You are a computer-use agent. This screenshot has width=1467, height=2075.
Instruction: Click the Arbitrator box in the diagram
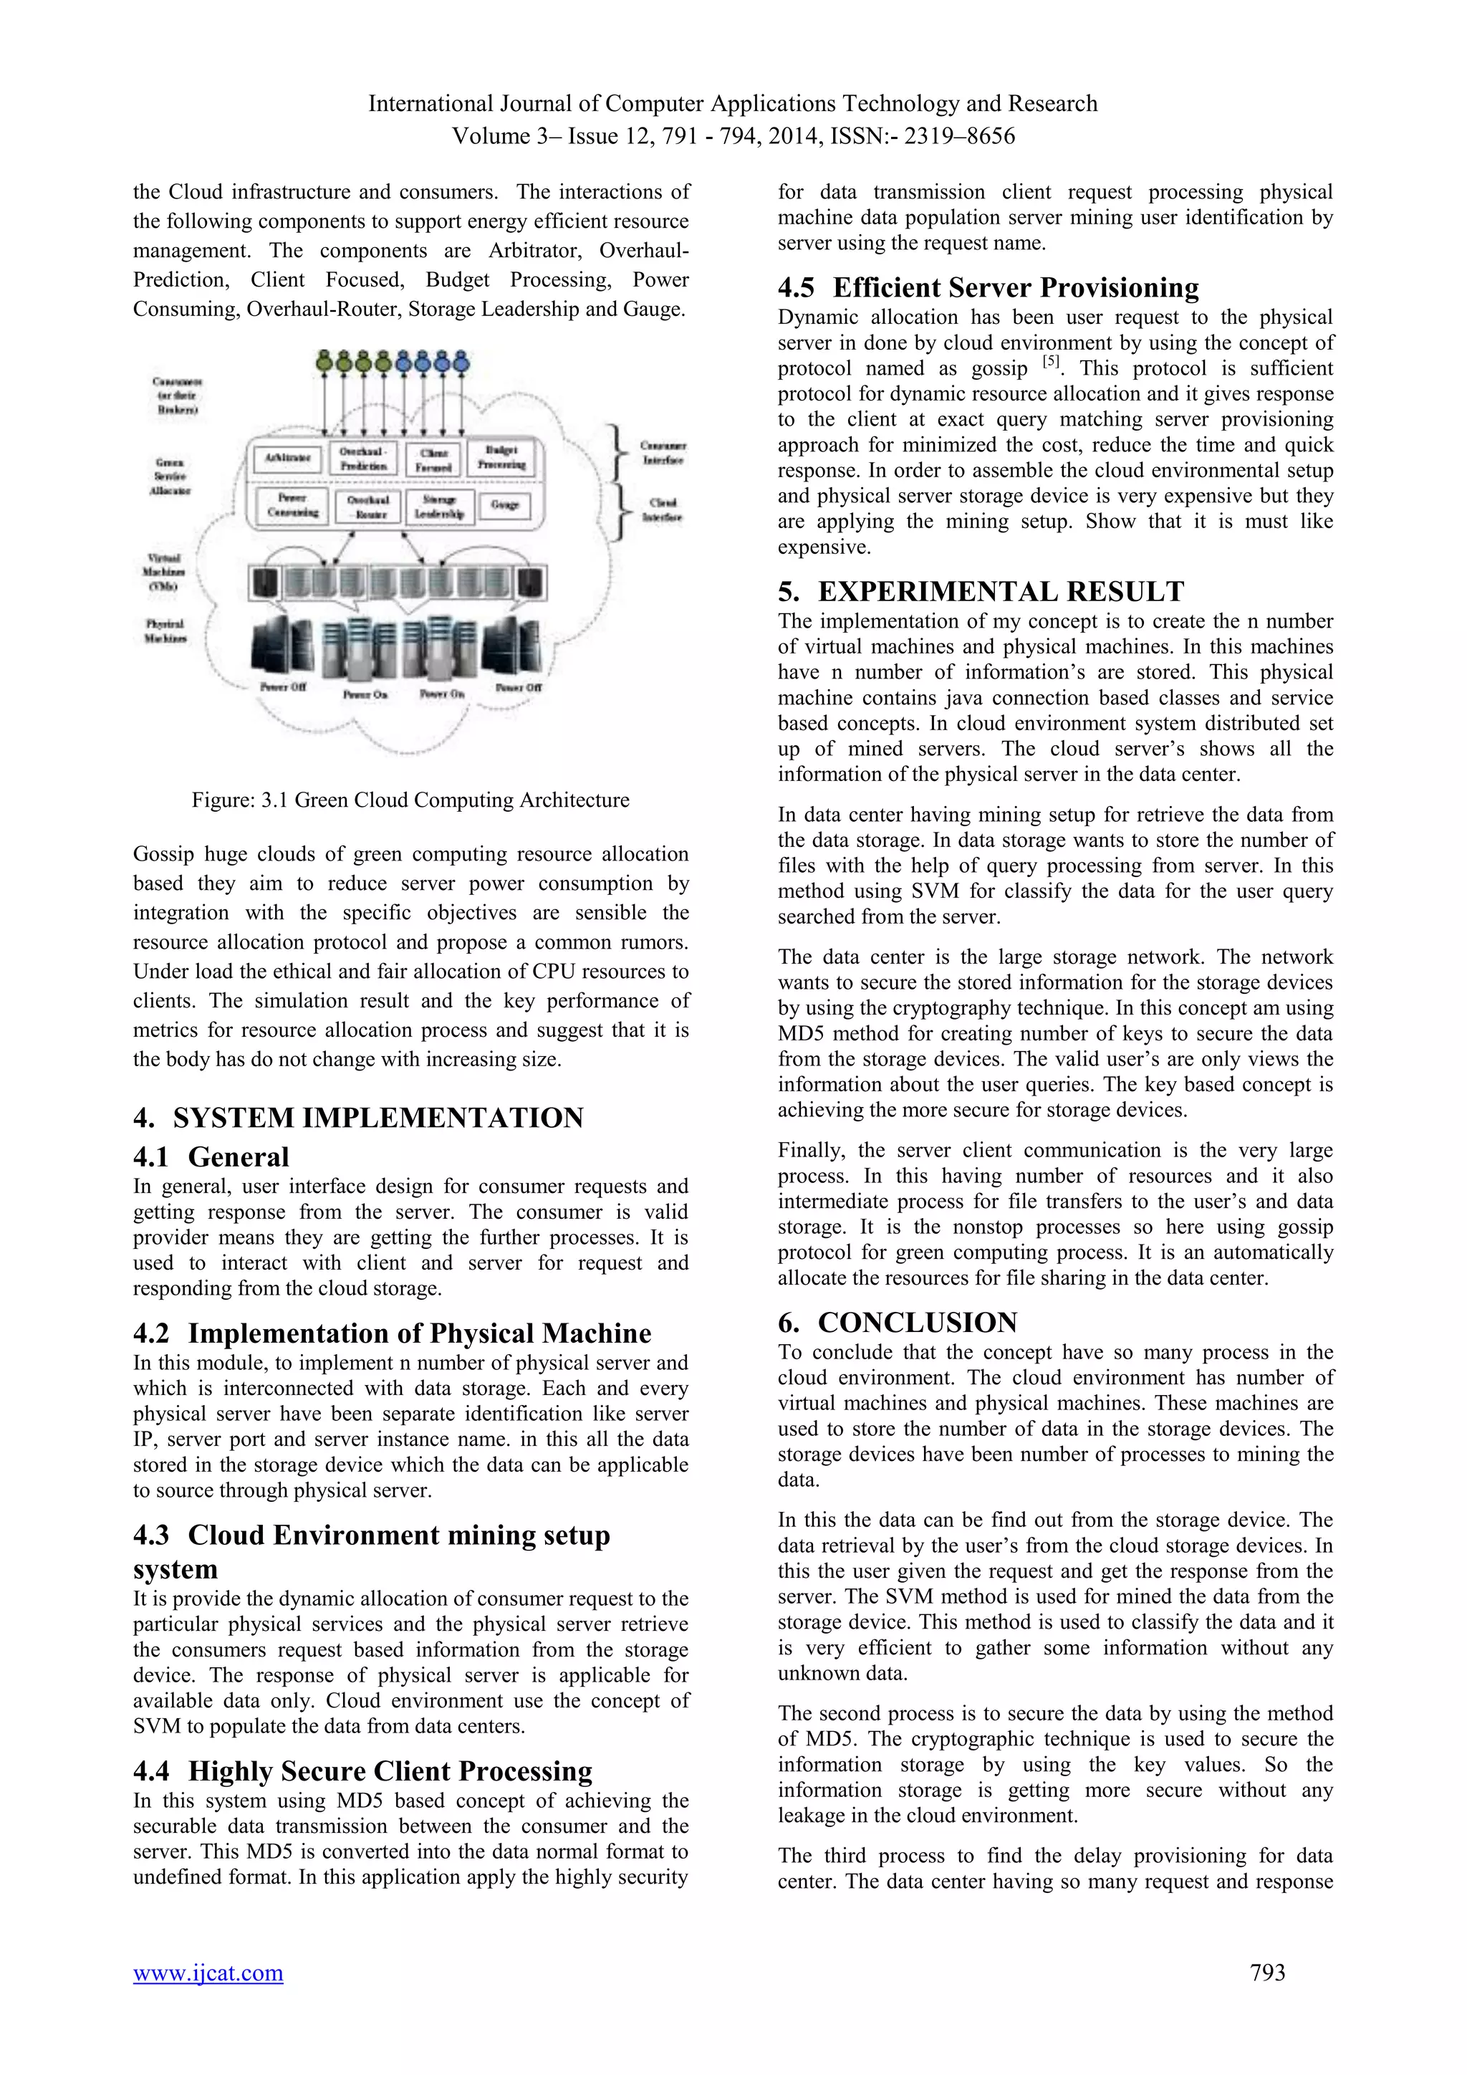pos(287,458)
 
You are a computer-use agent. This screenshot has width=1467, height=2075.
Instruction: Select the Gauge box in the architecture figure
pos(504,505)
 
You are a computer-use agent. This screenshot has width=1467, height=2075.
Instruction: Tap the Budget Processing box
pos(501,457)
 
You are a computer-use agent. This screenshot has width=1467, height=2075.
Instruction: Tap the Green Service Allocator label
pos(170,476)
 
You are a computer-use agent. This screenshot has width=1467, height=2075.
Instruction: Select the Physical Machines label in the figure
pos(165,631)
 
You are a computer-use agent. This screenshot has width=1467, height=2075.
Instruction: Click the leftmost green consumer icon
pos(324,363)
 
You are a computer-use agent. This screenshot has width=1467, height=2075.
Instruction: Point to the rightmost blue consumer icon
pos(461,363)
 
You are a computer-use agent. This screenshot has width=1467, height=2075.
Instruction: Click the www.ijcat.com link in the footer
pos(208,1973)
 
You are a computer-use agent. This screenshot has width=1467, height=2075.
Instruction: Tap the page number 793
pos(1266,1973)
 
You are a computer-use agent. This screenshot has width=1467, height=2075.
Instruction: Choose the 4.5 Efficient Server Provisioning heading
pos(989,287)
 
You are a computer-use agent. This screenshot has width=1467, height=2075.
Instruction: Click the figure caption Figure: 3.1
pos(410,800)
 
